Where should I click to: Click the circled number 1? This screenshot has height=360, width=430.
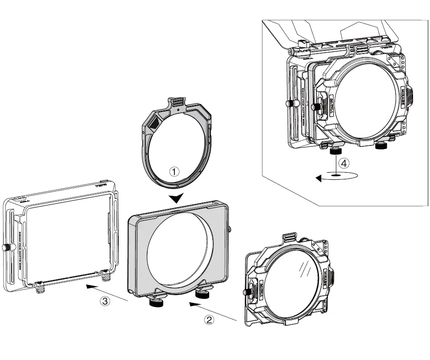[175, 171]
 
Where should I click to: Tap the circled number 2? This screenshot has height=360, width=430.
[209, 319]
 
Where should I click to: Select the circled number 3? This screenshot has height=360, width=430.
[104, 301]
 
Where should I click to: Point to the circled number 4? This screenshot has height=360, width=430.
[343, 163]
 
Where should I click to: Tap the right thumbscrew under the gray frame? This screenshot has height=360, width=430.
[204, 294]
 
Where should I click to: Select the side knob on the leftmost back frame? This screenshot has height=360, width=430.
[7, 248]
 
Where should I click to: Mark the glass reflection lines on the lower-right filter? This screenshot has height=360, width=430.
[305, 268]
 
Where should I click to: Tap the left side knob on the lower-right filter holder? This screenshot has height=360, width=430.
[246, 292]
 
